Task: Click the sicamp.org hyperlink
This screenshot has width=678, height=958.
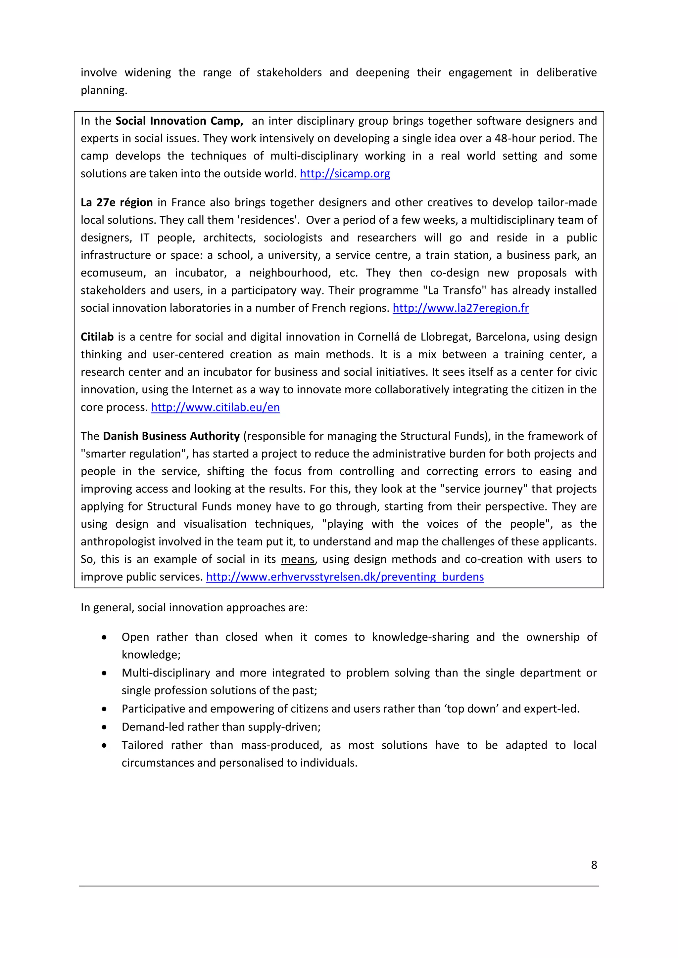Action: point(345,174)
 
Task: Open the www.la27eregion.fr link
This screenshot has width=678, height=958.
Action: point(460,308)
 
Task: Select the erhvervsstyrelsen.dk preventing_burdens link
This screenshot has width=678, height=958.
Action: point(345,577)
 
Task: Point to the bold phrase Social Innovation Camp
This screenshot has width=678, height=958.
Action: point(179,121)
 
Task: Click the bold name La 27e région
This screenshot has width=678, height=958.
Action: point(117,202)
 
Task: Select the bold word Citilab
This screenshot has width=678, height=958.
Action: point(97,337)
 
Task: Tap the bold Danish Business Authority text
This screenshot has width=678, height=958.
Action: point(171,436)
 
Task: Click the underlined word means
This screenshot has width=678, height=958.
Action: point(297,559)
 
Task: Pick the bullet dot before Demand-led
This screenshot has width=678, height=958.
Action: point(104,727)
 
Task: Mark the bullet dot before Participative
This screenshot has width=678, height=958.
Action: point(104,709)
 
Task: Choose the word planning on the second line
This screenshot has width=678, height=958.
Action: point(104,91)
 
